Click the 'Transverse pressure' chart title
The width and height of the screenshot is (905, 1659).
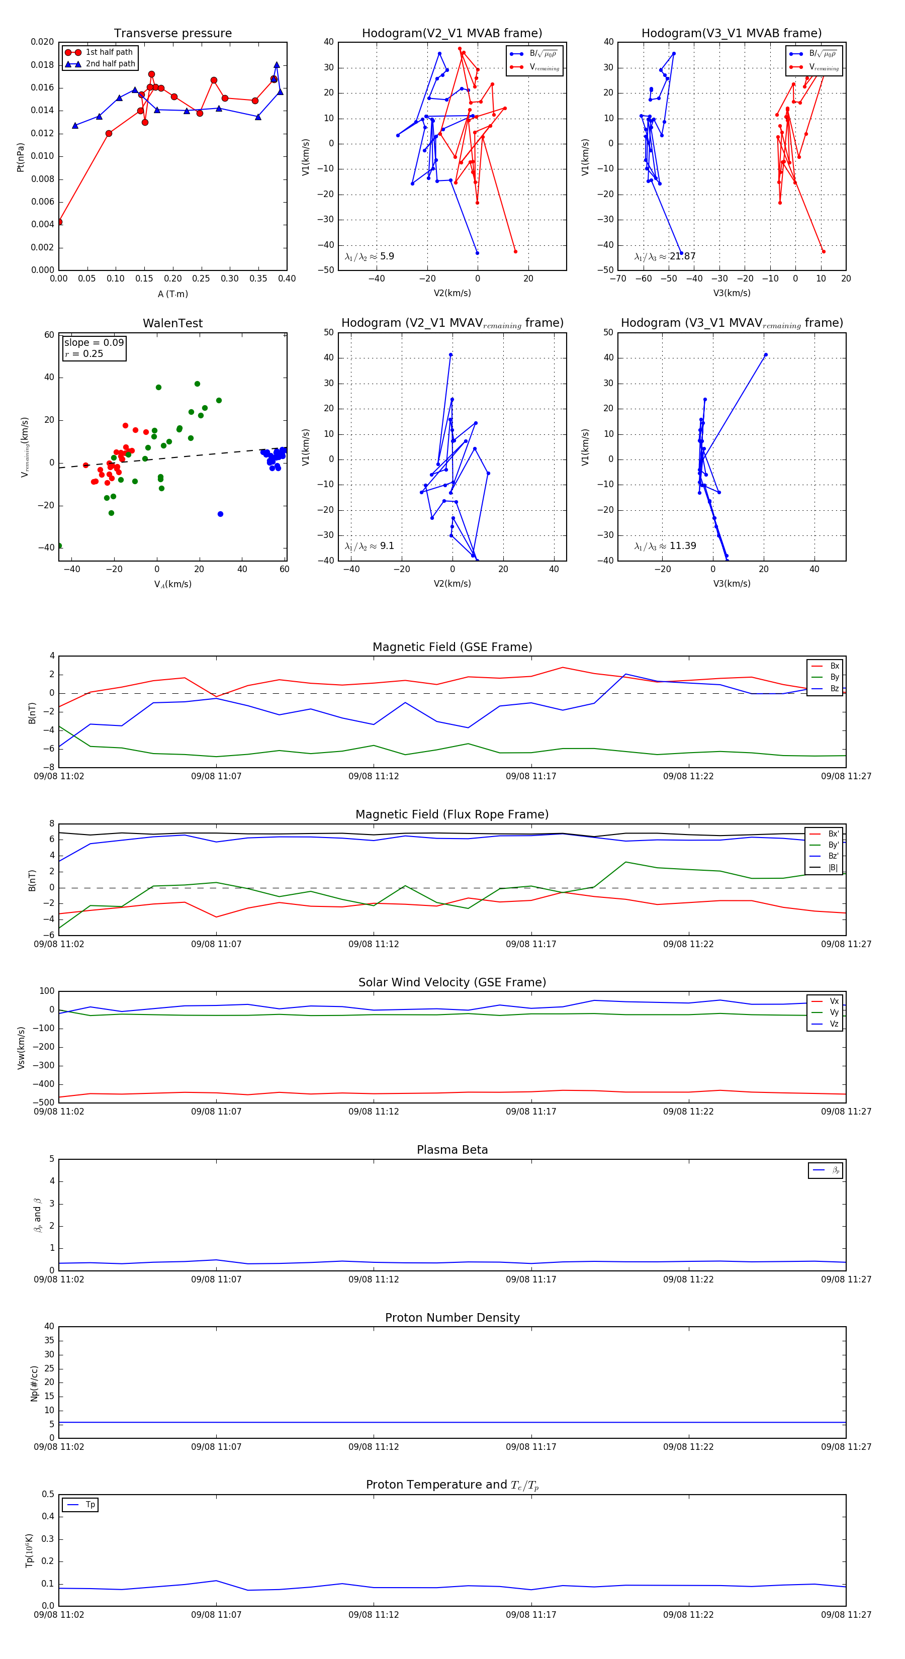[x=172, y=34]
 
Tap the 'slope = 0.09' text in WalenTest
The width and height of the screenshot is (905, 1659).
[x=94, y=343]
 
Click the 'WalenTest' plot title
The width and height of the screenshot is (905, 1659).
[x=172, y=323]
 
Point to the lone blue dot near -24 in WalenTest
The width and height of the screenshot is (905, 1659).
[x=220, y=514]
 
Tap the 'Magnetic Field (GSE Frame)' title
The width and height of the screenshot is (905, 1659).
[x=452, y=647]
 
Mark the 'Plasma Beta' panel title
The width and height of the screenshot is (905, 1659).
[x=452, y=1150]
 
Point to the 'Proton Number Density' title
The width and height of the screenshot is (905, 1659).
[x=452, y=1318]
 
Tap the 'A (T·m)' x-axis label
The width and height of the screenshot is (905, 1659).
[x=172, y=294]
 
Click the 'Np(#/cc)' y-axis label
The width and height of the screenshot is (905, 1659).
[x=35, y=1384]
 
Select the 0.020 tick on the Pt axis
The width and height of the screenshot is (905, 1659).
[x=43, y=43]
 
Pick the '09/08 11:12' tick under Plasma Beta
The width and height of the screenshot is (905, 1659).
[x=374, y=1279]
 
